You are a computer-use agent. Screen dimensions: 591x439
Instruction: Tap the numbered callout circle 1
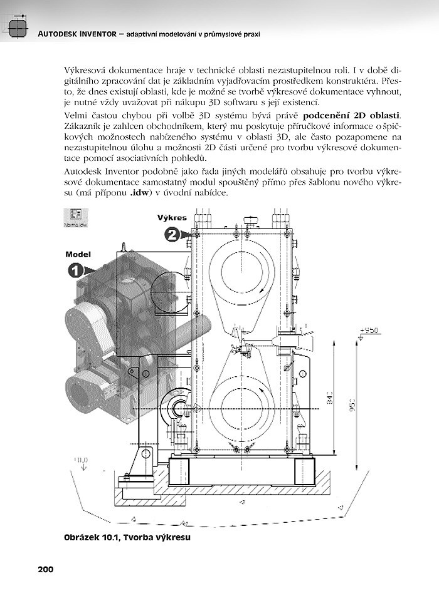(74, 270)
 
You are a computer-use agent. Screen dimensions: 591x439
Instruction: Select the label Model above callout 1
(78, 254)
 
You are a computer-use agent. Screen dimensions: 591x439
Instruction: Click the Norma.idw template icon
(76, 217)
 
